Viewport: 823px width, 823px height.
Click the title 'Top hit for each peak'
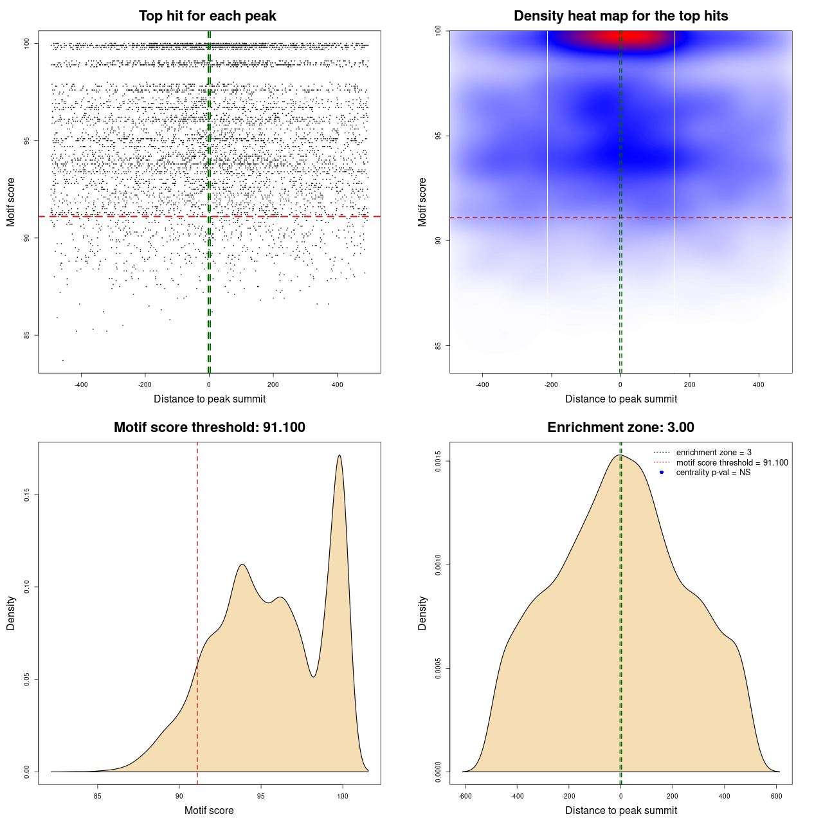[x=208, y=16]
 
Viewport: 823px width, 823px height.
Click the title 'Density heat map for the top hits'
[x=620, y=16]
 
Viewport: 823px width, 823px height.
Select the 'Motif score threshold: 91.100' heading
[x=209, y=428]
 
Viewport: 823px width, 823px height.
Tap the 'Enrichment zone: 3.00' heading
[x=620, y=428]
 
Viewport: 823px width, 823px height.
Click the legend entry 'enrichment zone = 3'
[x=714, y=453]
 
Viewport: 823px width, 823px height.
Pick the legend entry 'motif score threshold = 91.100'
[x=732, y=462]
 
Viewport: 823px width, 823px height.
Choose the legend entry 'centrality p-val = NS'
[x=713, y=472]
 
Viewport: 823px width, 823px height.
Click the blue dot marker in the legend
[x=662, y=473]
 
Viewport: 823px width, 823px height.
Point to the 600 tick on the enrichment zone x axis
[x=776, y=796]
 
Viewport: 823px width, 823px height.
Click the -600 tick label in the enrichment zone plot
[x=464, y=796]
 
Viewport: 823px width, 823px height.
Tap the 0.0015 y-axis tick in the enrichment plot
[x=438, y=461]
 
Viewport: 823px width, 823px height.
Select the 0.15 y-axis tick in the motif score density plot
[x=26, y=494]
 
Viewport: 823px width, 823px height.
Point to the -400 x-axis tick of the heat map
[x=482, y=384]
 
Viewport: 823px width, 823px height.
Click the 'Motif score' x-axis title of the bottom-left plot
[x=209, y=810]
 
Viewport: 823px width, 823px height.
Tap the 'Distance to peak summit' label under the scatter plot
[x=210, y=399]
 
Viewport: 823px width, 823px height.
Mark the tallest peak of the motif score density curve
[x=339, y=456]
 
